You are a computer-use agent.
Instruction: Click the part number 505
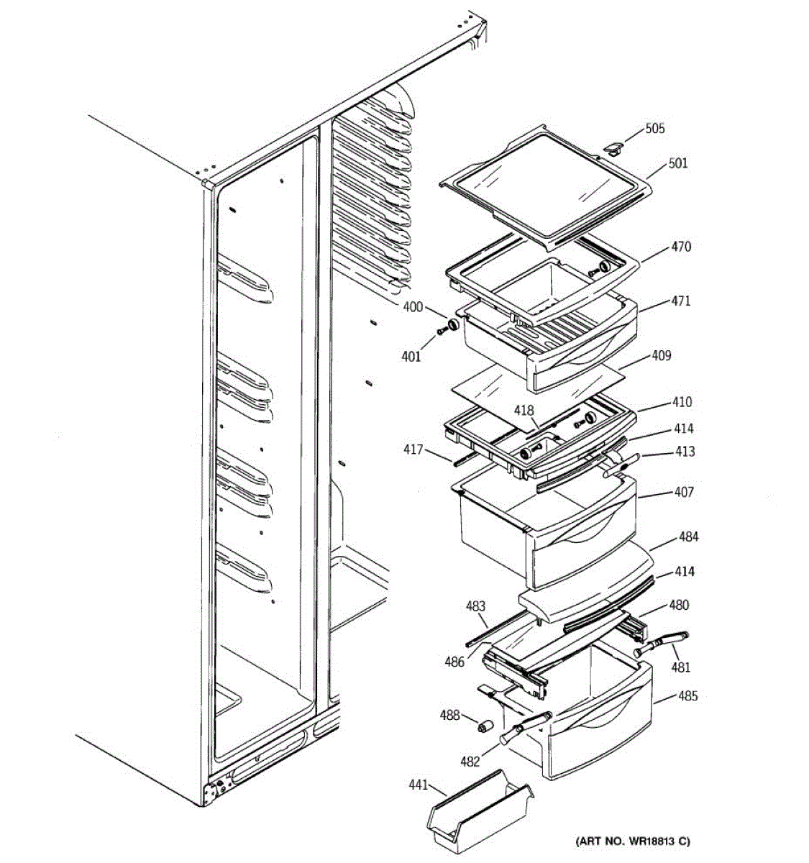(654, 129)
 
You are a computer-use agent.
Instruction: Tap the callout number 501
(677, 163)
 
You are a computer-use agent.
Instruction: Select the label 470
(680, 247)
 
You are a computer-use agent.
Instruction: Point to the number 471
(680, 301)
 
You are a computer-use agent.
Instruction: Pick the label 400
(412, 307)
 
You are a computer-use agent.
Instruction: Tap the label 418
(524, 411)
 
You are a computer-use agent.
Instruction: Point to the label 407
(683, 492)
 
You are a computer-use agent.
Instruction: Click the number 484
(688, 536)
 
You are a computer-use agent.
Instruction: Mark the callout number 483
(475, 606)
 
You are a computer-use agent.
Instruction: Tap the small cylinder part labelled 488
(485, 724)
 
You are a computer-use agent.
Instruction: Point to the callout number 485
(687, 696)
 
